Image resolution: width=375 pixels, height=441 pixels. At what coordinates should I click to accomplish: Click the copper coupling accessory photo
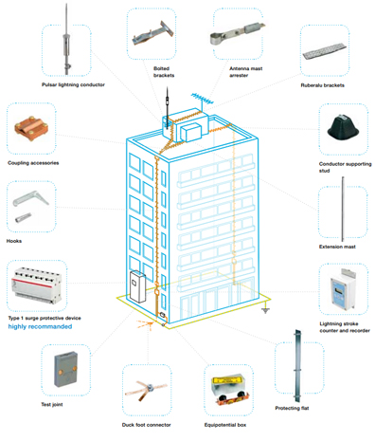tap(31, 129)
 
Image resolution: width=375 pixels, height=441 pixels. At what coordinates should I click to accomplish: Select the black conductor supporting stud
tap(343, 130)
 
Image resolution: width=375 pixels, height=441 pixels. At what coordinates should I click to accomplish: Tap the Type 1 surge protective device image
tap(36, 285)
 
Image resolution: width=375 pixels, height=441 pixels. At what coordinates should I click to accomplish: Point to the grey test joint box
tap(65, 370)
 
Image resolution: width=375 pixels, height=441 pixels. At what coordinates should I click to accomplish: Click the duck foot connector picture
tap(146, 390)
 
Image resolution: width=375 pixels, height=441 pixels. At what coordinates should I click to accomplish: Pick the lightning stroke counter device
tap(342, 289)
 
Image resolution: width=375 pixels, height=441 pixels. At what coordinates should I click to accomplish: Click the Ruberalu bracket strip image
tap(324, 51)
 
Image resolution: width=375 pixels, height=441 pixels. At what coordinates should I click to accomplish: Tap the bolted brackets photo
tap(153, 33)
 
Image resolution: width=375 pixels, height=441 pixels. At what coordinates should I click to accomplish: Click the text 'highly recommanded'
tap(40, 326)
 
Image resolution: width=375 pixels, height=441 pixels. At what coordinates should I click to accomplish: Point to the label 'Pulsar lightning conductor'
tap(73, 84)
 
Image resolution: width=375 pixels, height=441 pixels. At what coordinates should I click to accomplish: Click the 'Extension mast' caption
tap(337, 247)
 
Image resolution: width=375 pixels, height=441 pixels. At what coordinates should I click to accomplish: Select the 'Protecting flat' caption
tap(292, 408)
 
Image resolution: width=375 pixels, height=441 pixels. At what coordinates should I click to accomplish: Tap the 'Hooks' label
tap(14, 241)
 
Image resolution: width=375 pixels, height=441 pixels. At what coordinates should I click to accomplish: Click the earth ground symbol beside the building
tap(265, 309)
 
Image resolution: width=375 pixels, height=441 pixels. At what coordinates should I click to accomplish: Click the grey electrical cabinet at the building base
tap(138, 286)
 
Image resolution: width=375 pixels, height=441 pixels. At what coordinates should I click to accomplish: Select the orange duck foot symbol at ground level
tap(146, 324)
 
